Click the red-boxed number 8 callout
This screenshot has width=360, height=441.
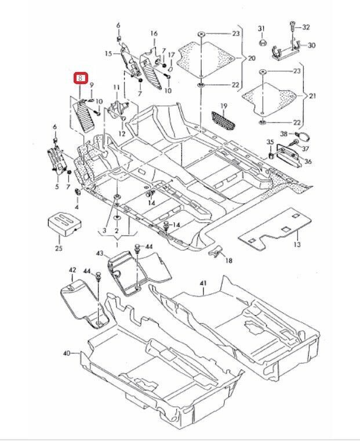click(x=81, y=77)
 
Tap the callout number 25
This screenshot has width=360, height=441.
click(x=58, y=248)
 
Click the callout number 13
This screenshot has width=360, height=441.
click(x=297, y=245)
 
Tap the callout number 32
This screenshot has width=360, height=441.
click(x=307, y=27)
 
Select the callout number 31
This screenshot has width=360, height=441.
click(x=261, y=28)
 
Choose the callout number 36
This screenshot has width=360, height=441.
click(x=308, y=162)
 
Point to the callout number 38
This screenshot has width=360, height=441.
click(x=283, y=134)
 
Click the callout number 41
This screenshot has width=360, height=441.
click(x=203, y=283)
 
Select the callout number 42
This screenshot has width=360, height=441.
click(x=72, y=270)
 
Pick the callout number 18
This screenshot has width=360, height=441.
click(x=228, y=261)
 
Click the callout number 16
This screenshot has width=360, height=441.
click(x=154, y=34)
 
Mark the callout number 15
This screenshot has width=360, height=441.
click(x=108, y=53)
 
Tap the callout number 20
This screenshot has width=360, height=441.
click(x=252, y=59)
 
